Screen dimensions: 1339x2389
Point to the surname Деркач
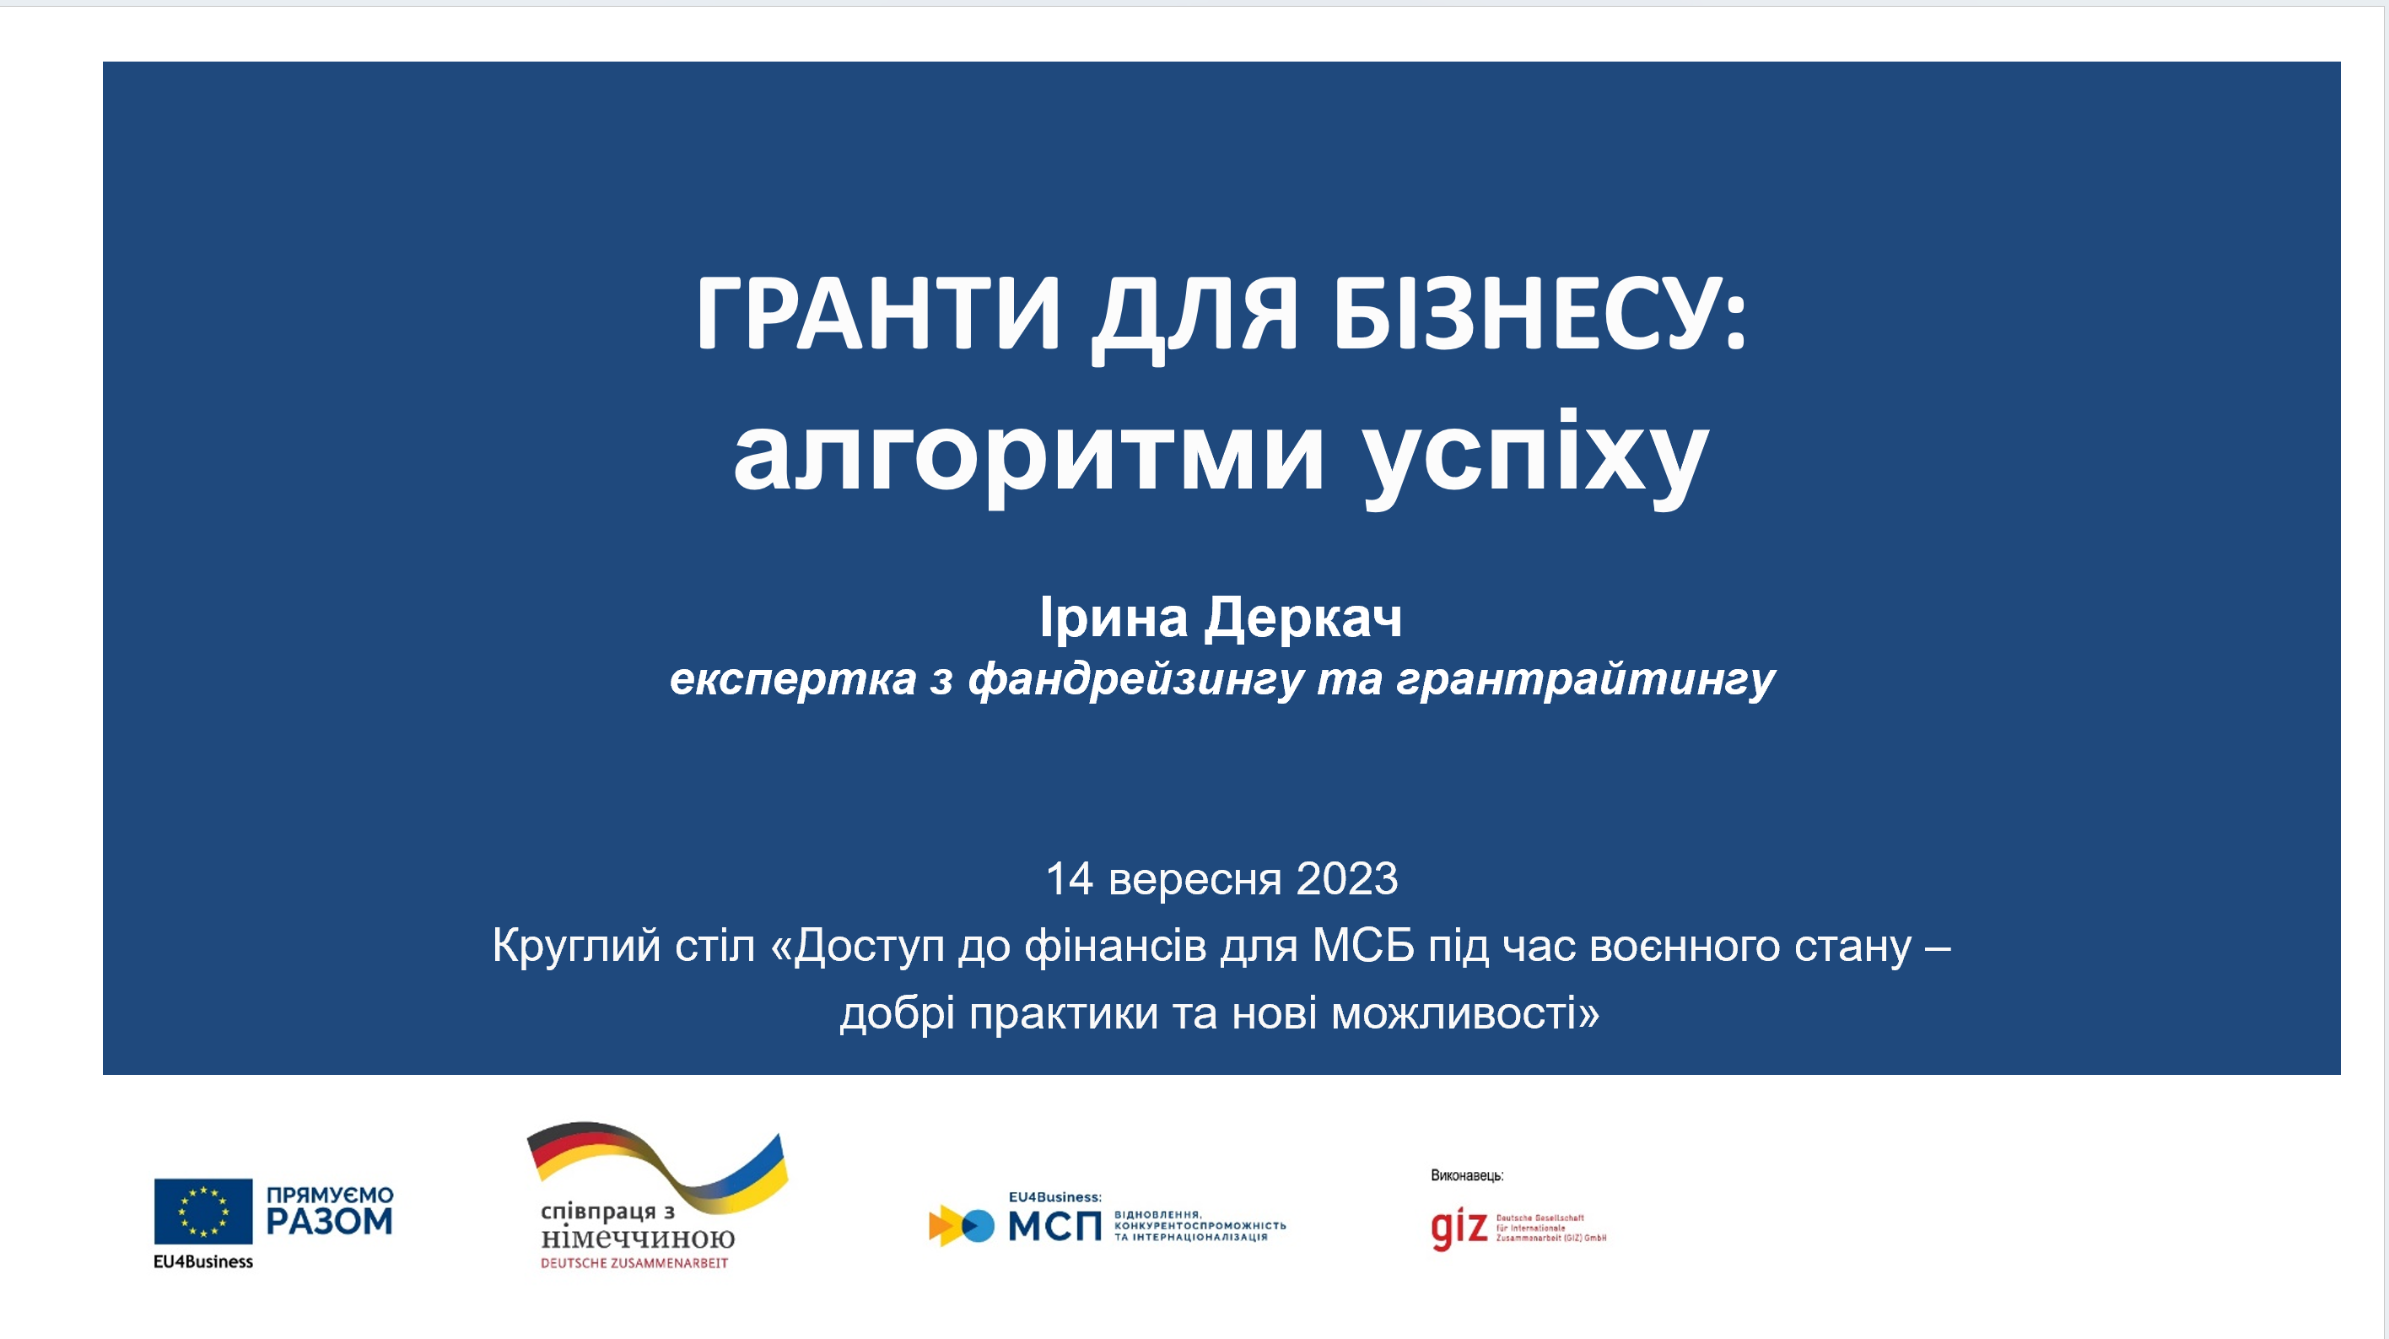pos(1303,618)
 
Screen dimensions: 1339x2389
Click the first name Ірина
pos(1113,618)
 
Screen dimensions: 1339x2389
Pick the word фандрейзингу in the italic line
pos(1136,680)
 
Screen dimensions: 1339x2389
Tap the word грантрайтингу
pos(1585,680)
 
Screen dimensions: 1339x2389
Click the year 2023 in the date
pos(1346,879)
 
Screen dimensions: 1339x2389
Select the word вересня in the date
pos(1194,879)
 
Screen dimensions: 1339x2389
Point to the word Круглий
pos(576,947)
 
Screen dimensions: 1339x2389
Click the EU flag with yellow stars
pos(203,1211)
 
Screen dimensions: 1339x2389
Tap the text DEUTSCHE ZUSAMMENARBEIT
pos(634,1263)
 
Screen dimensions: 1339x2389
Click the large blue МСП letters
pos(1054,1227)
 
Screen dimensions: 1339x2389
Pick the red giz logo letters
pos(1459,1228)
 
